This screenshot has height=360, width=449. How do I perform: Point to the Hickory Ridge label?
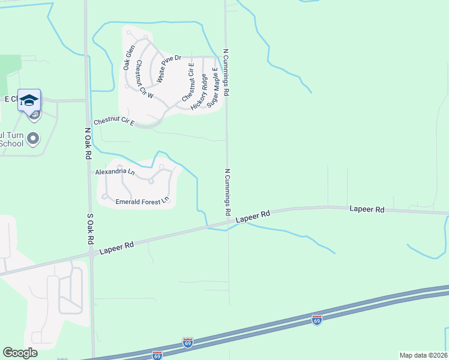coord(199,91)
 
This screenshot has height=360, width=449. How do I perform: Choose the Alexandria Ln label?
coord(115,172)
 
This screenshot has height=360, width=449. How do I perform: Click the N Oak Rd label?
coord(88,143)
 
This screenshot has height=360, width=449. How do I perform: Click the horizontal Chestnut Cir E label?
coord(112,122)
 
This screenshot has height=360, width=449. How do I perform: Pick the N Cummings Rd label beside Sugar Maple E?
coord(226,73)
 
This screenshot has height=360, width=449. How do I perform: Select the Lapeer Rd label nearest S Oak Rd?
coord(117,246)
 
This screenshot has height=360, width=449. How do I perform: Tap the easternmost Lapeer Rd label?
coord(367,209)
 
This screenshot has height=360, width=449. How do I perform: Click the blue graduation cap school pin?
coord(29,100)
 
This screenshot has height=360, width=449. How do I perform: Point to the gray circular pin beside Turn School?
coord(34,139)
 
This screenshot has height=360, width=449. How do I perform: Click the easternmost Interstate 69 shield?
coord(316,319)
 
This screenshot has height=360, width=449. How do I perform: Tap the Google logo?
coord(20,353)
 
